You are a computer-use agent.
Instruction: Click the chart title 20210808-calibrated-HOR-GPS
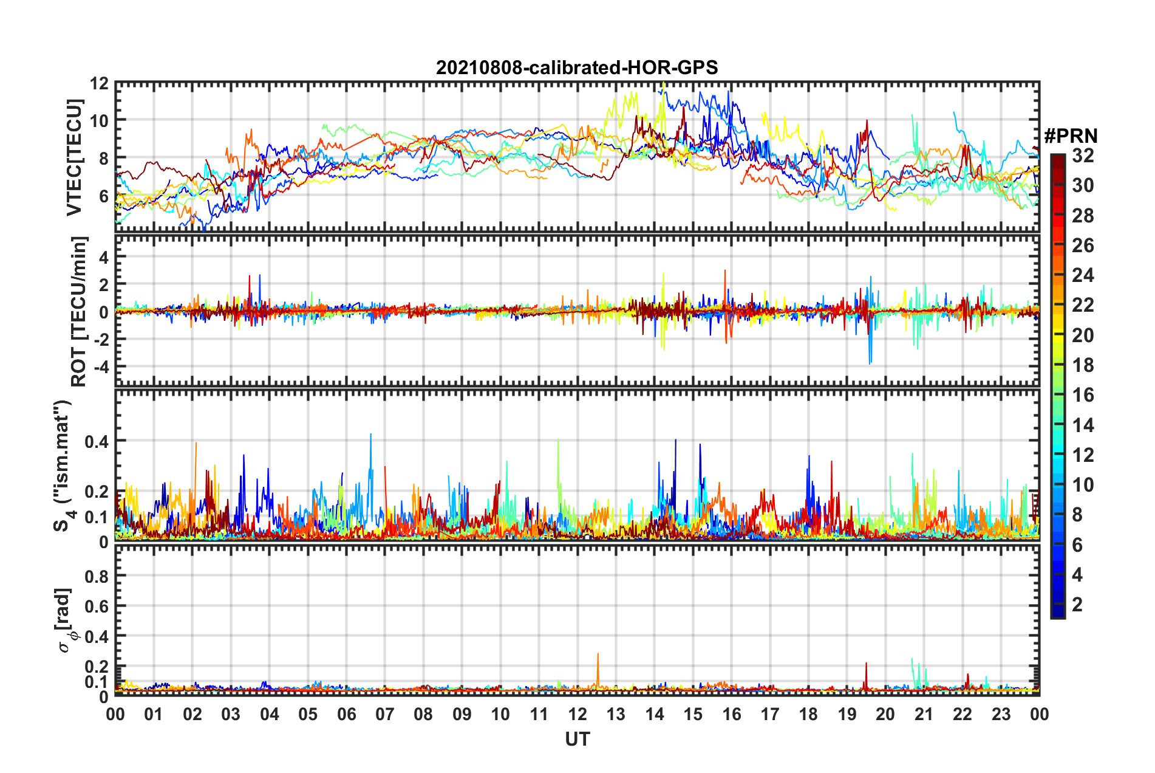coord(577,67)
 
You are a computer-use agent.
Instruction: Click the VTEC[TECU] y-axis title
coord(74,158)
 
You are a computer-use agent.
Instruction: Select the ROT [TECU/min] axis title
coord(79,312)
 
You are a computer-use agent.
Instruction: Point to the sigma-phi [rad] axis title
coord(64,620)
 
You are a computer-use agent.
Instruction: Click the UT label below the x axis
coord(577,739)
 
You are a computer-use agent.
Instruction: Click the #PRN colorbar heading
coord(1071,136)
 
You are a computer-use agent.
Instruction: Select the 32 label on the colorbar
coord(1082,156)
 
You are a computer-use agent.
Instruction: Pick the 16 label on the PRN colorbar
coord(1082,395)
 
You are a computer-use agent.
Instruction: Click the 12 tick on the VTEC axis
coord(100,83)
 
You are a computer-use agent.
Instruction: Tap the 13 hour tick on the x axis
coord(616,714)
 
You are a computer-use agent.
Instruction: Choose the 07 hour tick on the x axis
coord(385,714)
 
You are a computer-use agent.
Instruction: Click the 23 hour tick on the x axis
coord(1001,714)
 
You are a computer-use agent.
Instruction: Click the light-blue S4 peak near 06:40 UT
coord(370,435)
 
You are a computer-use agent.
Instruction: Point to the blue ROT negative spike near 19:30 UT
coord(870,362)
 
